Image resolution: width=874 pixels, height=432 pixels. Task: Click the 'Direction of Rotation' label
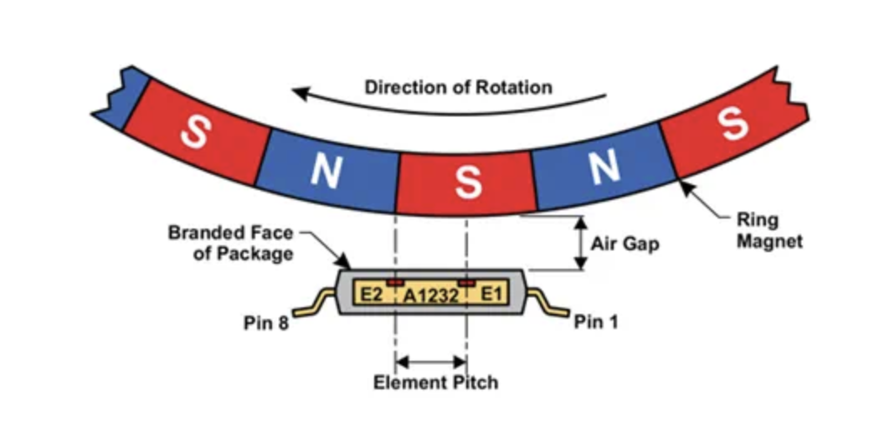point(458,87)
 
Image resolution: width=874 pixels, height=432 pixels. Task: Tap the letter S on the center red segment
point(467,181)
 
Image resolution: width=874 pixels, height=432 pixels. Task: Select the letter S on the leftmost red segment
point(194,131)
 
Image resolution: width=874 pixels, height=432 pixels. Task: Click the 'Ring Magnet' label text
point(769,231)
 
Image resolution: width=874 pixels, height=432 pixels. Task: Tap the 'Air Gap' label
point(625,244)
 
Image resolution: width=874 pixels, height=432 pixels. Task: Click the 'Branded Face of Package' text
point(231,242)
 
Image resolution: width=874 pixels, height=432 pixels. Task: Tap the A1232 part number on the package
point(430,295)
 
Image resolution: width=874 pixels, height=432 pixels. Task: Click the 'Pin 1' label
point(595,321)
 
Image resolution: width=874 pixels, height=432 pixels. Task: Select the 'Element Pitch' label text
point(435,383)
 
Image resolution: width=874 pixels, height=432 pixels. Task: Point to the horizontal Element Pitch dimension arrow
point(430,362)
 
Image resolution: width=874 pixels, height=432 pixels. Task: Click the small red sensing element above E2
point(394,282)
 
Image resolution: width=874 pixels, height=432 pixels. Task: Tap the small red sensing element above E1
point(466,282)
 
